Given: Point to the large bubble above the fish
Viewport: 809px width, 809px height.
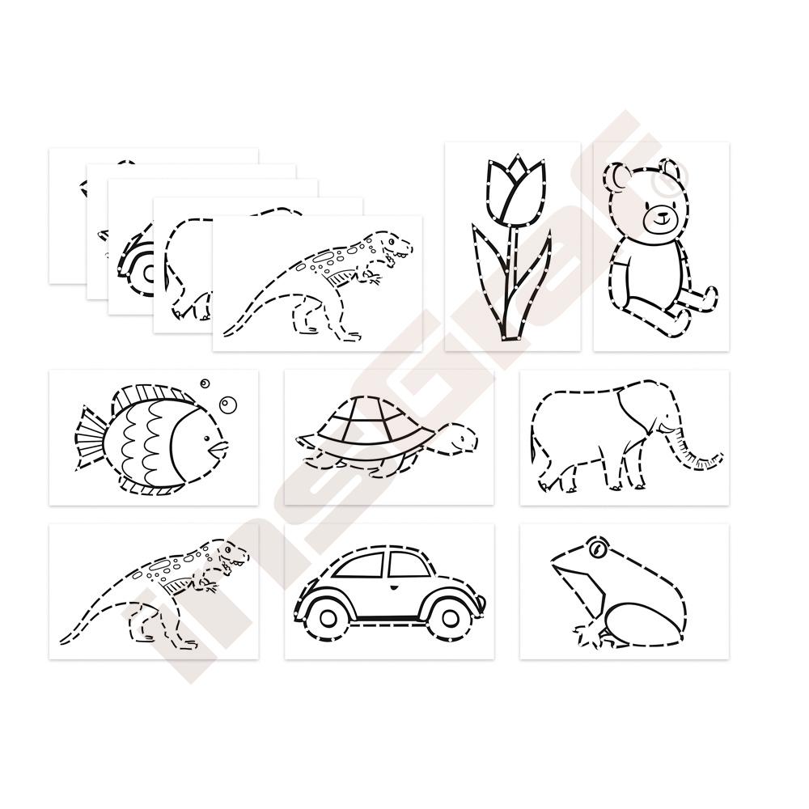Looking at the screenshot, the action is point(227,404).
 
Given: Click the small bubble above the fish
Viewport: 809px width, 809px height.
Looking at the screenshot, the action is point(205,383).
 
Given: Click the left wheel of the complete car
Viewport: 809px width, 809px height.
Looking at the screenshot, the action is point(328,616).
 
